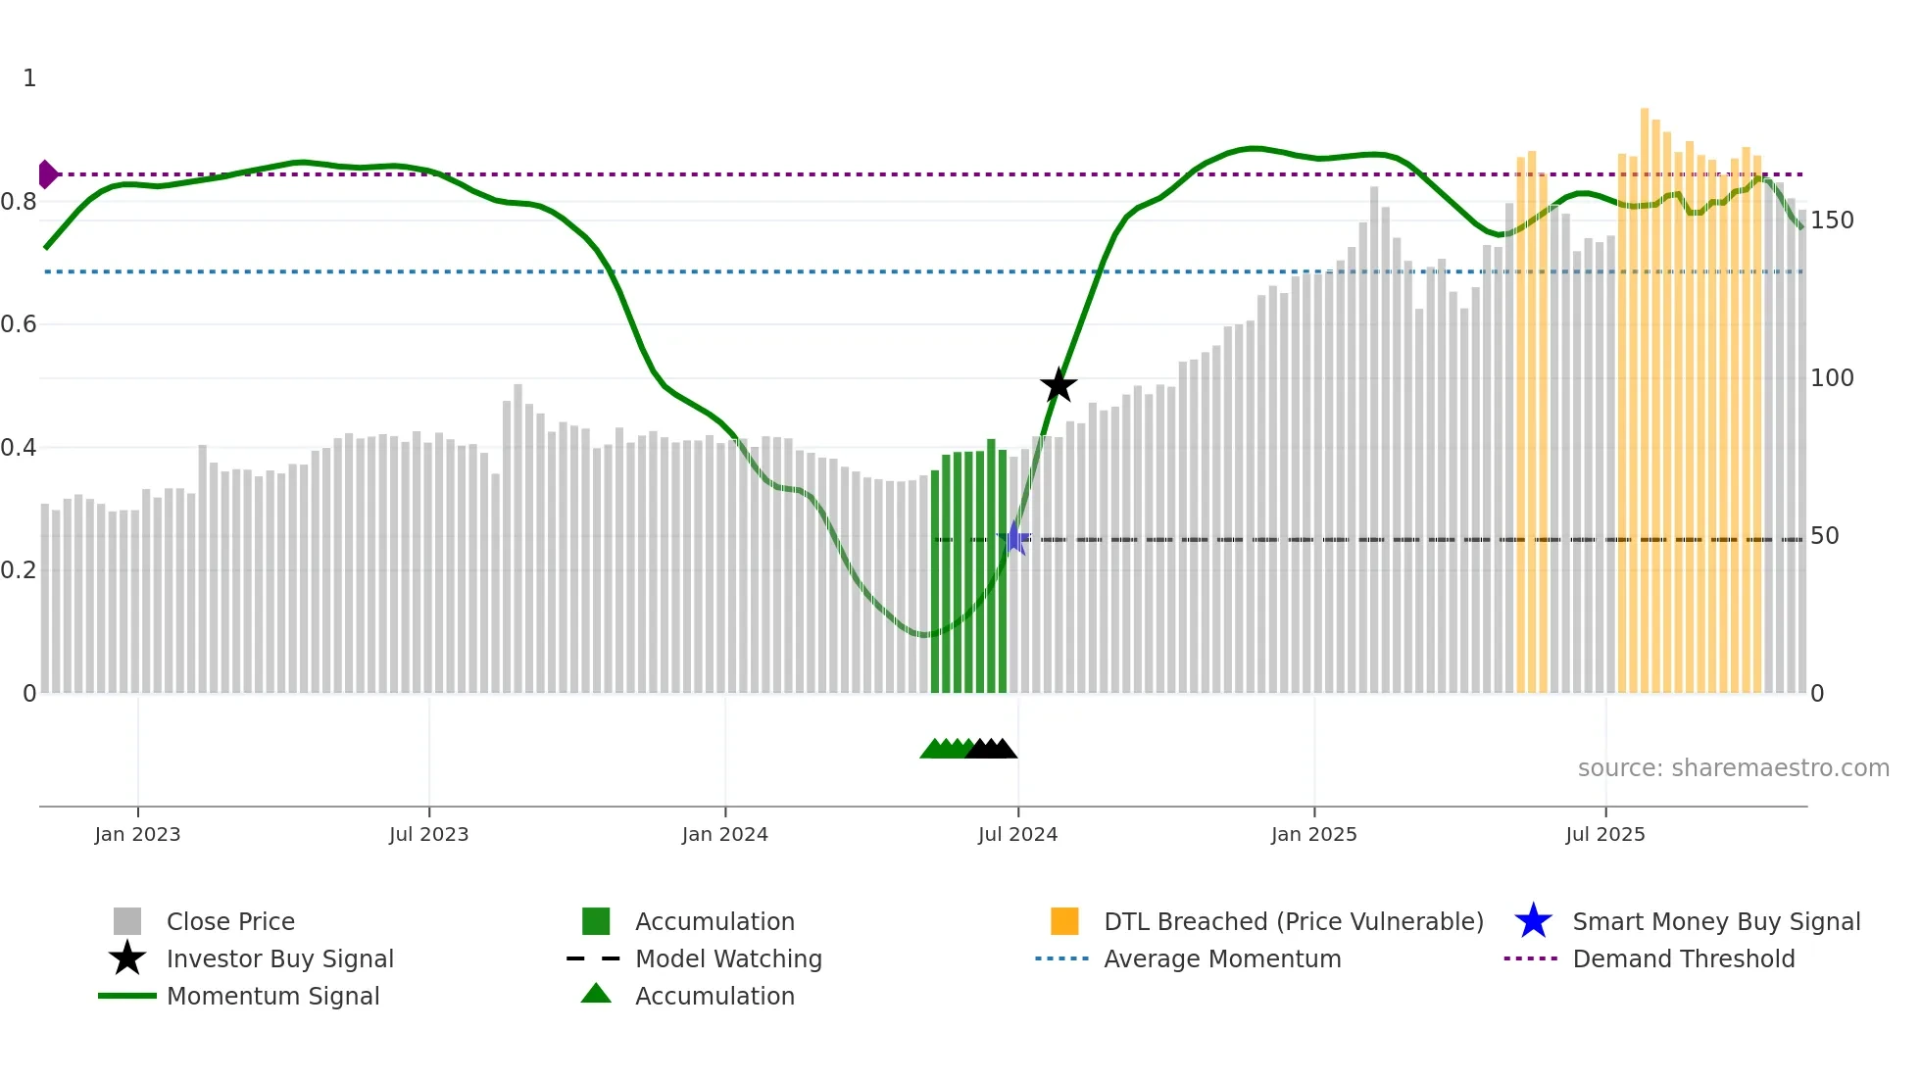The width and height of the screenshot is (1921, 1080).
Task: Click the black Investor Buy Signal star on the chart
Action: tap(1058, 385)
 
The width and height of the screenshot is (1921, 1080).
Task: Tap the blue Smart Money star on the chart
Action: tap(1015, 538)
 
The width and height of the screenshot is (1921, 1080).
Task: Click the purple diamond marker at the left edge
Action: tap(47, 174)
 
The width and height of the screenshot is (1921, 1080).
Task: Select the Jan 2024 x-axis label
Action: tap(724, 834)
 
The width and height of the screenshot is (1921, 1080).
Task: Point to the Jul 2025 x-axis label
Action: tap(1604, 834)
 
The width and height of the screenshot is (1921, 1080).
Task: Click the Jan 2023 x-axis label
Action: tap(137, 834)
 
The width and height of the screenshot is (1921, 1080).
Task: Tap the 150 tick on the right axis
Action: tap(1831, 221)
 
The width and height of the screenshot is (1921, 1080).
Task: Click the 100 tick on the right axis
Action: tap(1831, 378)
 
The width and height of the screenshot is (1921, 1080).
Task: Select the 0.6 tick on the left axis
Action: tap(19, 324)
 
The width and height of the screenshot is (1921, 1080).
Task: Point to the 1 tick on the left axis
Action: tap(29, 78)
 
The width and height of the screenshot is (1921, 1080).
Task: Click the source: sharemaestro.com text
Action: tap(1733, 768)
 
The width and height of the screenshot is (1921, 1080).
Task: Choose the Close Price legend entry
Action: tap(229, 921)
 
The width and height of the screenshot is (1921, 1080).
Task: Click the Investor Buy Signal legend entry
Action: tap(279, 958)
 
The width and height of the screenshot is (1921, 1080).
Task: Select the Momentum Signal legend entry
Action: tap(272, 996)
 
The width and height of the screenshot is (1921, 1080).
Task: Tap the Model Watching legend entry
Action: tap(728, 958)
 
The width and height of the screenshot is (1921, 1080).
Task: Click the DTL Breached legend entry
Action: tap(1293, 921)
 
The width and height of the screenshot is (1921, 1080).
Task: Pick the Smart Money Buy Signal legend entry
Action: tap(1715, 921)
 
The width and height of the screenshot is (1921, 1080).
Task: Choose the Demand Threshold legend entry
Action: tap(1683, 958)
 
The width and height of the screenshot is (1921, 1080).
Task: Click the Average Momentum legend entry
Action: tap(1221, 958)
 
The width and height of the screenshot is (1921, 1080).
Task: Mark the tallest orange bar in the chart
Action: tap(1645, 392)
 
